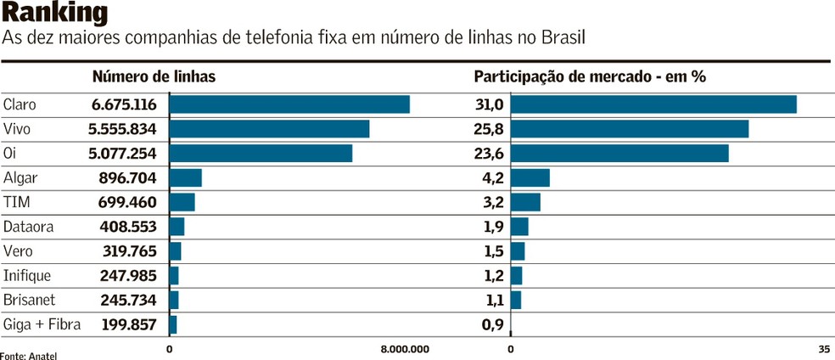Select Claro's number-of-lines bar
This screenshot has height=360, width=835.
pyautogui.click(x=289, y=104)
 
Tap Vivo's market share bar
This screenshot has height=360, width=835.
pyautogui.click(x=630, y=129)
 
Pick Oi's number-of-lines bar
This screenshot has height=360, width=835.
pyautogui.click(x=261, y=154)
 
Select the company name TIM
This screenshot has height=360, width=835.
pyautogui.click(x=17, y=203)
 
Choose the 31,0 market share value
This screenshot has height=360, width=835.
pyautogui.click(x=490, y=104)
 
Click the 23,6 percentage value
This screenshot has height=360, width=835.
pyautogui.click(x=490, y=154)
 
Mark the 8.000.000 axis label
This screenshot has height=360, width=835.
pyautogui.click(x=405, y=349)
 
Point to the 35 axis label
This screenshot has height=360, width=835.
pyautogui.click(x=824, y=349)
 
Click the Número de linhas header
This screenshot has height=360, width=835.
pyautogui.click(x=154, y=76)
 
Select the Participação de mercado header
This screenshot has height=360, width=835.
pyautogui.click(x=590, y=76)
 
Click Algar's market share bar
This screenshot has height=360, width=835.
pyautogui.click(x=530, y=178)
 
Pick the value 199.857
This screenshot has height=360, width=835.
pyautogui.click(x=129, y=324)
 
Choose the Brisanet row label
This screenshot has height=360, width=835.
pyautogui.click(x=29, y=300)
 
